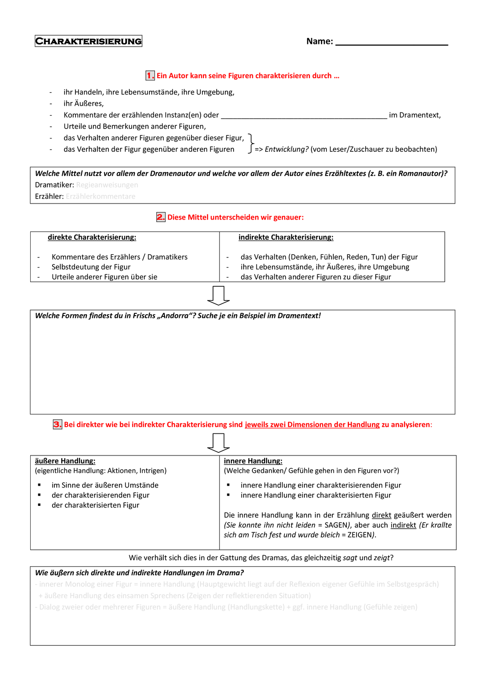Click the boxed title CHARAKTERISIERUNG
[88, 41]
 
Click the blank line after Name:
[391, 43]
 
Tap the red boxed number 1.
[150, 75]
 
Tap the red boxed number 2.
[161, 217]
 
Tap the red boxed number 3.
[58, 424]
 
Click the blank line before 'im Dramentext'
[304, 116]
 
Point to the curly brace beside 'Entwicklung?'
[250, 144]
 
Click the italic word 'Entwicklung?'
[286, 150]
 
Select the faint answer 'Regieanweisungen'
[107, 185]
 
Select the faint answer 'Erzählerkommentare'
[101, 196]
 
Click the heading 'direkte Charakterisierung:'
[92, 237]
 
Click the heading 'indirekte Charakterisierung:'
[286, 237]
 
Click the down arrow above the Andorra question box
[219, 295]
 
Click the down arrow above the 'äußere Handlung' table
[219, 443]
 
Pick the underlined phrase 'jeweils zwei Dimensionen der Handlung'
[312, 424]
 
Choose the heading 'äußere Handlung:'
[65, 461]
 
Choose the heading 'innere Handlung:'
[253, 461]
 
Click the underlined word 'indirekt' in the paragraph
[403, 525]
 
